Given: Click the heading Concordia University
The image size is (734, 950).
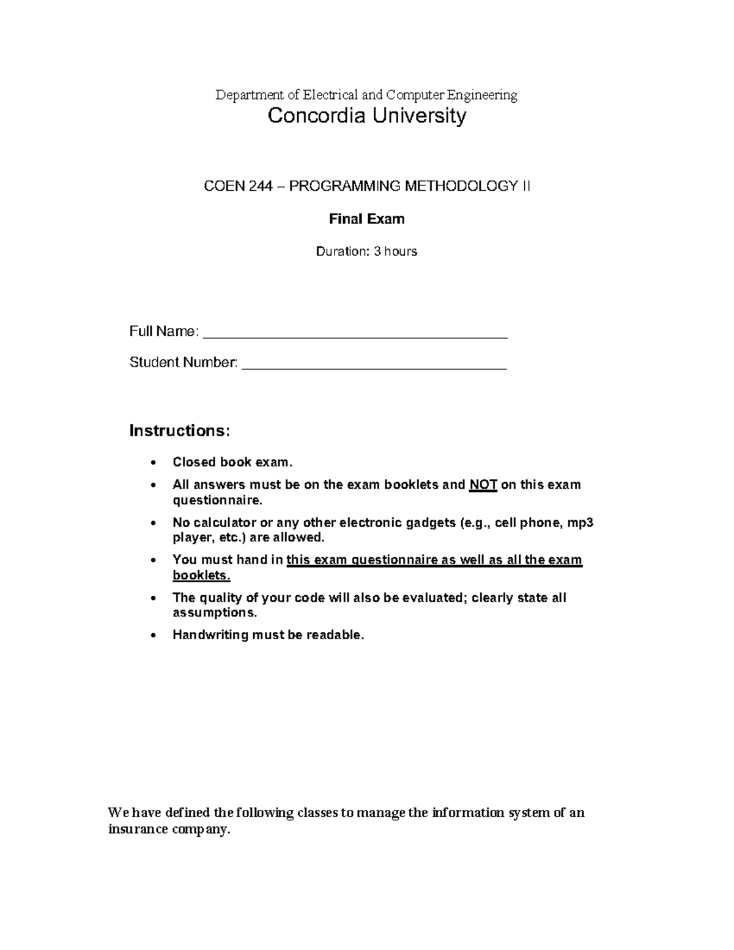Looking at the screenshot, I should pos(367,116).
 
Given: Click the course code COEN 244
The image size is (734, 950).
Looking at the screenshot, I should pos(237,187).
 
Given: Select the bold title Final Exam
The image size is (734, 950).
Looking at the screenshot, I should pos(366,219).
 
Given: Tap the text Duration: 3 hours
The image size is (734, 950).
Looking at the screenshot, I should pos(366,251).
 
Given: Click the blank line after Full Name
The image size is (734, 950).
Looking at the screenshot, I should pos(355,334).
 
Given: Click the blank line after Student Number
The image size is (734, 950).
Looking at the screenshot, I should pos(374,366).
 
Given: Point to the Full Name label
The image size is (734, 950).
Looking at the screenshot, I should pos(163,332).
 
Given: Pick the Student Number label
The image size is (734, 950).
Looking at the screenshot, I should pos(183,363).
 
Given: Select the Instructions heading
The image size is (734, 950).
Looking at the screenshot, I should pos(180,431).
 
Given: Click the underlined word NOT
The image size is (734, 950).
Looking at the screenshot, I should pos(483,485).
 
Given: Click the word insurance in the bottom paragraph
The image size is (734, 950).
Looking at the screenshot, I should pos(138,830).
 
